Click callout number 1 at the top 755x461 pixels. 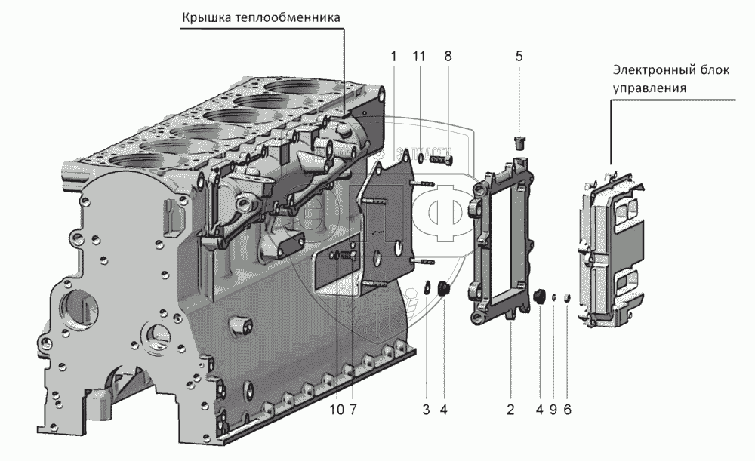pos(393,56)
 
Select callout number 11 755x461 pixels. pos(419,56)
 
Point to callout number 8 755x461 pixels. pos(448,56)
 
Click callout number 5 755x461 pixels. pos(519,56)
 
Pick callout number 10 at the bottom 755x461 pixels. pos(336,410)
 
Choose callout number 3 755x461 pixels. pos(426,410)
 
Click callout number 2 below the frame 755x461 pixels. pos(510,410)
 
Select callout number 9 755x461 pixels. pos(553,410)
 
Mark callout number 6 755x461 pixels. pos(567,410)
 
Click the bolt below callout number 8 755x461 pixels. pos(439,158)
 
